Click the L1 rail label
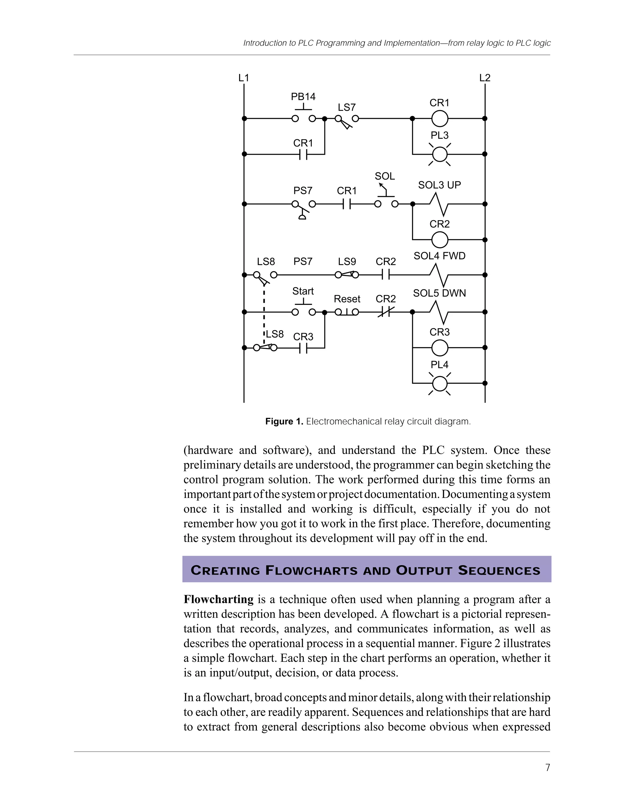click(x=244, y=78)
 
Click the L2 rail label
click(x=485, y=78)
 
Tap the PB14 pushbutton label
click(x=303, y=97)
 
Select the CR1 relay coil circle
click(x=440, y=118)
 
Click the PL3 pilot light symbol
click(x=440, y=154)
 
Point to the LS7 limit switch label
click(x=347, y=107)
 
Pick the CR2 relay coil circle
click(x=440, y=240)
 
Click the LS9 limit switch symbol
click(x=347, y=275)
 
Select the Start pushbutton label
click(x=303, y=291)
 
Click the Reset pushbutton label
click(x=347, y=299)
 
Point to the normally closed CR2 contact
click(x=385, y=312)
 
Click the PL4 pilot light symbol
click(x=440, y=383)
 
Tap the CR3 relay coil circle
click(x=440, y=348)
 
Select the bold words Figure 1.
click(x=284, y=421)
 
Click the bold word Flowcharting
click(x=218, y=599)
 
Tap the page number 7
click(x=548, y=768)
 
